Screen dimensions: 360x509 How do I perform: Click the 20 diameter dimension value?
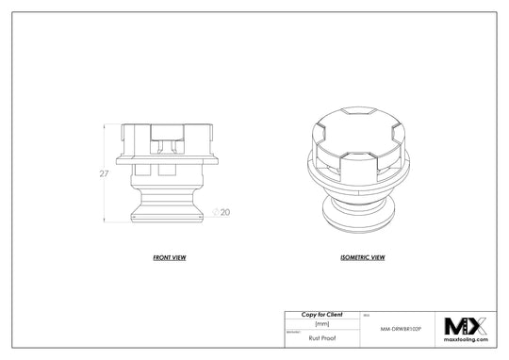click(x=225, y=212)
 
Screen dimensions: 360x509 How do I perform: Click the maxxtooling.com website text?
click(x=467, y=342)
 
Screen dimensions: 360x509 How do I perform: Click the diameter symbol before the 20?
click(x=217, y=212)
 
